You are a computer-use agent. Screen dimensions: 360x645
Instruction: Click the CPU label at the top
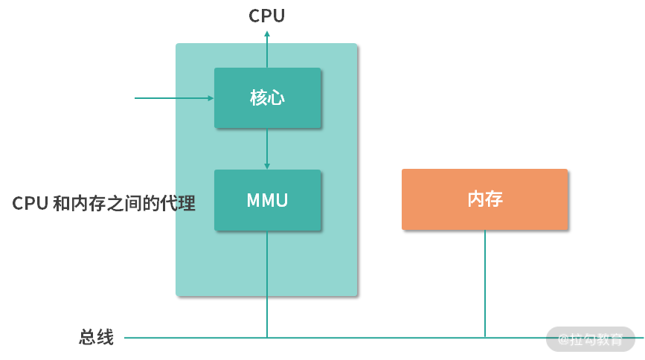(x=266, y=16)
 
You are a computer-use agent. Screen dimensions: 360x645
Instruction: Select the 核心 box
(x=267, y=98)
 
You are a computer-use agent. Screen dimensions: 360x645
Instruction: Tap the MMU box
(x=267, y=200)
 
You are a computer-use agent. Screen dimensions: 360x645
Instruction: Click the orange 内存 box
(x=484, y=199)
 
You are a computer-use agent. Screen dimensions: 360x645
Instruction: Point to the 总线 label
(x=96, y=337)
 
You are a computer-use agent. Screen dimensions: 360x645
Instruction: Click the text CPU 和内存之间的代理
(x=104, y=204)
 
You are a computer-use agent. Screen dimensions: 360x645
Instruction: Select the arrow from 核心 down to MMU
(x=267, y=149)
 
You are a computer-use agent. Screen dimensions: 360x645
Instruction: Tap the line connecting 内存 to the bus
(x=485, y=283)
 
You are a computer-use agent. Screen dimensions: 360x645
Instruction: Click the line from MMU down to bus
(x=267, y=283)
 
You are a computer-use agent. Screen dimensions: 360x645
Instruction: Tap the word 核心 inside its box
(x=267, y=98)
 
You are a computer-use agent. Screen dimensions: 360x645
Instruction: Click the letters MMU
(x=267, y=200)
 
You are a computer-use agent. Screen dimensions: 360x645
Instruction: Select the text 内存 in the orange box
(x=484, y=199)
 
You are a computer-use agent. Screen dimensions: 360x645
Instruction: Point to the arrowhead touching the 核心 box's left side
(x=211, y=97)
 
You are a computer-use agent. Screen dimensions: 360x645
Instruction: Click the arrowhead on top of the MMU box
(x=267, y=166)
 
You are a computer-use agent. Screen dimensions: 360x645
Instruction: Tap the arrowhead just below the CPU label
(x=267, y=31)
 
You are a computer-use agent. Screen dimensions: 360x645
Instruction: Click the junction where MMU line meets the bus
(x=267, y=338)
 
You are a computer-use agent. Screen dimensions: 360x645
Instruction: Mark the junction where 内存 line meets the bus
(x=485, y=338)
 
